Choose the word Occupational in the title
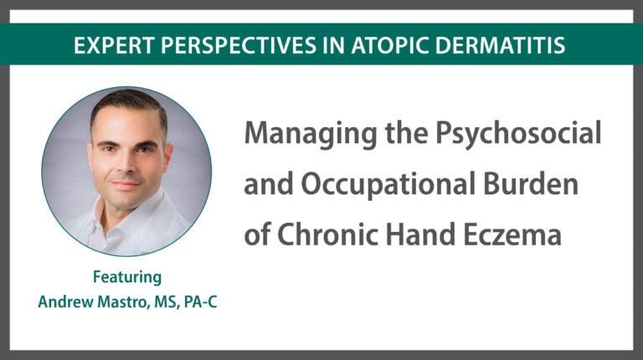pyautogui.click(x=388, y=185)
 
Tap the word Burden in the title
pyautogui.click(x=531, y=184)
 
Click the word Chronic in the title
pyautogui.click(x=327, y=234)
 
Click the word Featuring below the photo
pyautogui.click(x=127, y=278)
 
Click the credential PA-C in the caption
pyautogui.click(x=201, y=302)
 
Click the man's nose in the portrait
pyautogui.click(x=126, y=162)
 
